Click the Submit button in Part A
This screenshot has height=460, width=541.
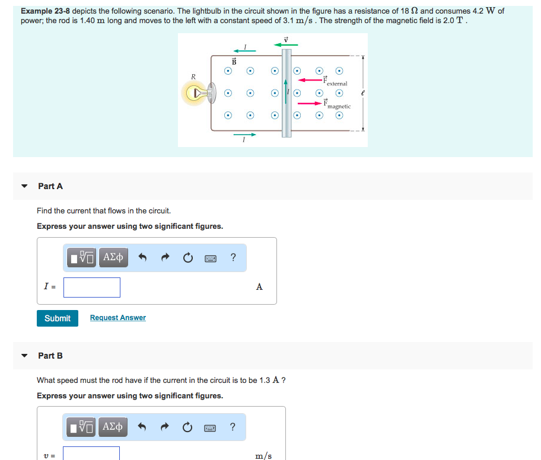click(58, 318)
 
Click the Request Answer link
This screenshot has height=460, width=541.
click(117, 318)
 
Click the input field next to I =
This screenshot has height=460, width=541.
click(92, 287)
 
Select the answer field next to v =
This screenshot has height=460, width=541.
click(91, 454)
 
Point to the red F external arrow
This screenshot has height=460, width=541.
click(310, 79)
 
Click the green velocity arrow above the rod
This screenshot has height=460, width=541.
click(285, 44)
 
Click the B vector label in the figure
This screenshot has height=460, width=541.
click(234, 61)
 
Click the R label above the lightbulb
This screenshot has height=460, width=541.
click(193, 76)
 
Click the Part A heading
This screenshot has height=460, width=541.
click(50, 186)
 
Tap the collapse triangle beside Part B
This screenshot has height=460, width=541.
click(24, 356)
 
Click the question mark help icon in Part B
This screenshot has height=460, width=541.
click(233, 426)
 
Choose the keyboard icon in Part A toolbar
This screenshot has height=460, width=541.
click(210, 257)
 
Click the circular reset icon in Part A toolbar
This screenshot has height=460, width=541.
click(187, 257)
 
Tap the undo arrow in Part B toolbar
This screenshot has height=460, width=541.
click(142, 426)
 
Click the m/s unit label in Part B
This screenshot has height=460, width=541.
click(263, 455)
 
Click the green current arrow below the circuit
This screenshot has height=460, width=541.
click(244, 135)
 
